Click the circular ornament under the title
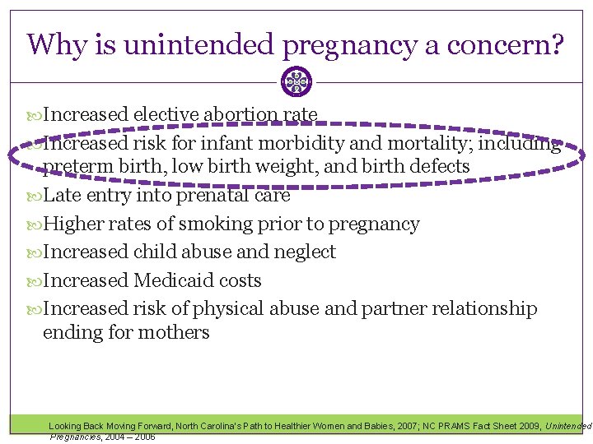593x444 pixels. pos(296,81)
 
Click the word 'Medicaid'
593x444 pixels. pos(175,280)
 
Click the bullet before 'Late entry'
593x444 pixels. pos(34,197)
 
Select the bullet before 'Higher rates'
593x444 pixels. pos(34,224)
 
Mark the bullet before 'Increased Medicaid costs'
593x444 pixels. pos(34,281)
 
